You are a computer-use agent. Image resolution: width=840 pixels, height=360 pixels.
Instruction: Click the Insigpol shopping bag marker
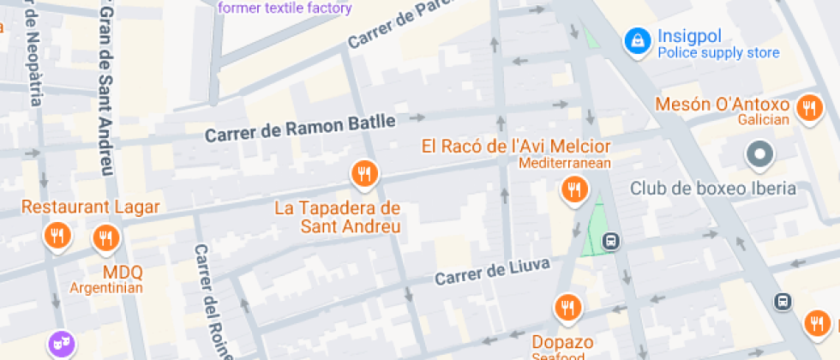pos(637,39)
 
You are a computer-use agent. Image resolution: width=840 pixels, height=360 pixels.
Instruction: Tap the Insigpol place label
pos(691,37)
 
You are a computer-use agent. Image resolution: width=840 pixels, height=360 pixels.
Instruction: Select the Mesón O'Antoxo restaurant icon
pos(808,108)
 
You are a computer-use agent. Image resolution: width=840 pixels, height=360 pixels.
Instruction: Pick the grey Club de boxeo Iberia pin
pos(759,155)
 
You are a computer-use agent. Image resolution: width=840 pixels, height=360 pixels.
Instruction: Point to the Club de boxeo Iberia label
pos(713,189)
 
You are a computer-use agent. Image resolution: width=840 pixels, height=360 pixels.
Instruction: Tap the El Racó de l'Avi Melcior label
pos(516,146)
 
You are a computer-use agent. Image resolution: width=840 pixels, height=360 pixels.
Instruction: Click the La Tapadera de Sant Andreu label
pos(338,218)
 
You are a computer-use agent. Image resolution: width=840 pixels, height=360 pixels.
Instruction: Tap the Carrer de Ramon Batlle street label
pos(300,129)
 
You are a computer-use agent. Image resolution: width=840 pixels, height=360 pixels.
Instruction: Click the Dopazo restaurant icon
pos(566,306)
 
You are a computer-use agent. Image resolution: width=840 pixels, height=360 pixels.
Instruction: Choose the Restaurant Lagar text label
pos(91,207)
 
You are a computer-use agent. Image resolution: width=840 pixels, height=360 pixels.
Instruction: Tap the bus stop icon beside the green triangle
pos(610,241)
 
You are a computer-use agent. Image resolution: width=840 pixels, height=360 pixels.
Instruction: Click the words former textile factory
pos(285,9)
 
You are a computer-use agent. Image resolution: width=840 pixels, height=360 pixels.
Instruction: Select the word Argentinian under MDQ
pos(106,287)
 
